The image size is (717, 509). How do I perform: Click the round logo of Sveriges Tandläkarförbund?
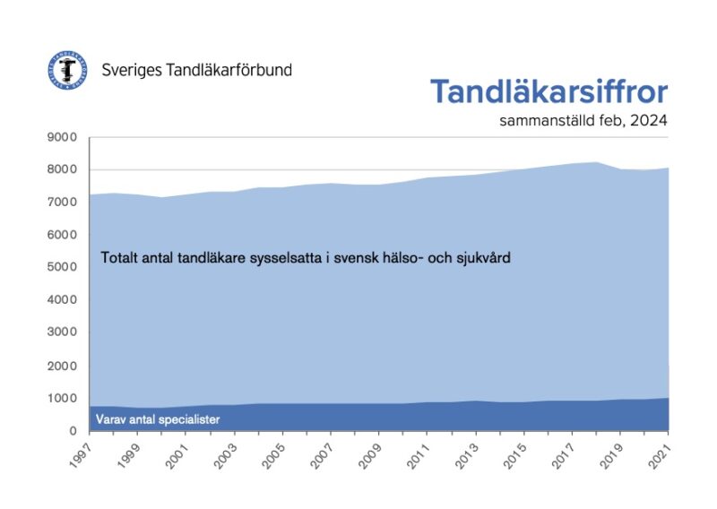(x=68, y=69)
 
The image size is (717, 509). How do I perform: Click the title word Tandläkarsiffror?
(x=549, y=92)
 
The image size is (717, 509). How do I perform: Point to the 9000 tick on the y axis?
(x=63, y=137)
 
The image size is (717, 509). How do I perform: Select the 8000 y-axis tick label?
(x=63, y=169)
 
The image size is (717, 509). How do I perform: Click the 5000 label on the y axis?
(x=63, y=267)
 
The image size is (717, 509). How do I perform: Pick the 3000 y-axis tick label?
(x=63, y=332)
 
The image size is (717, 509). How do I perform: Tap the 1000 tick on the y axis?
(x=63, y=398)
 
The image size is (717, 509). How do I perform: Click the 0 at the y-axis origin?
(x=73, y=431)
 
